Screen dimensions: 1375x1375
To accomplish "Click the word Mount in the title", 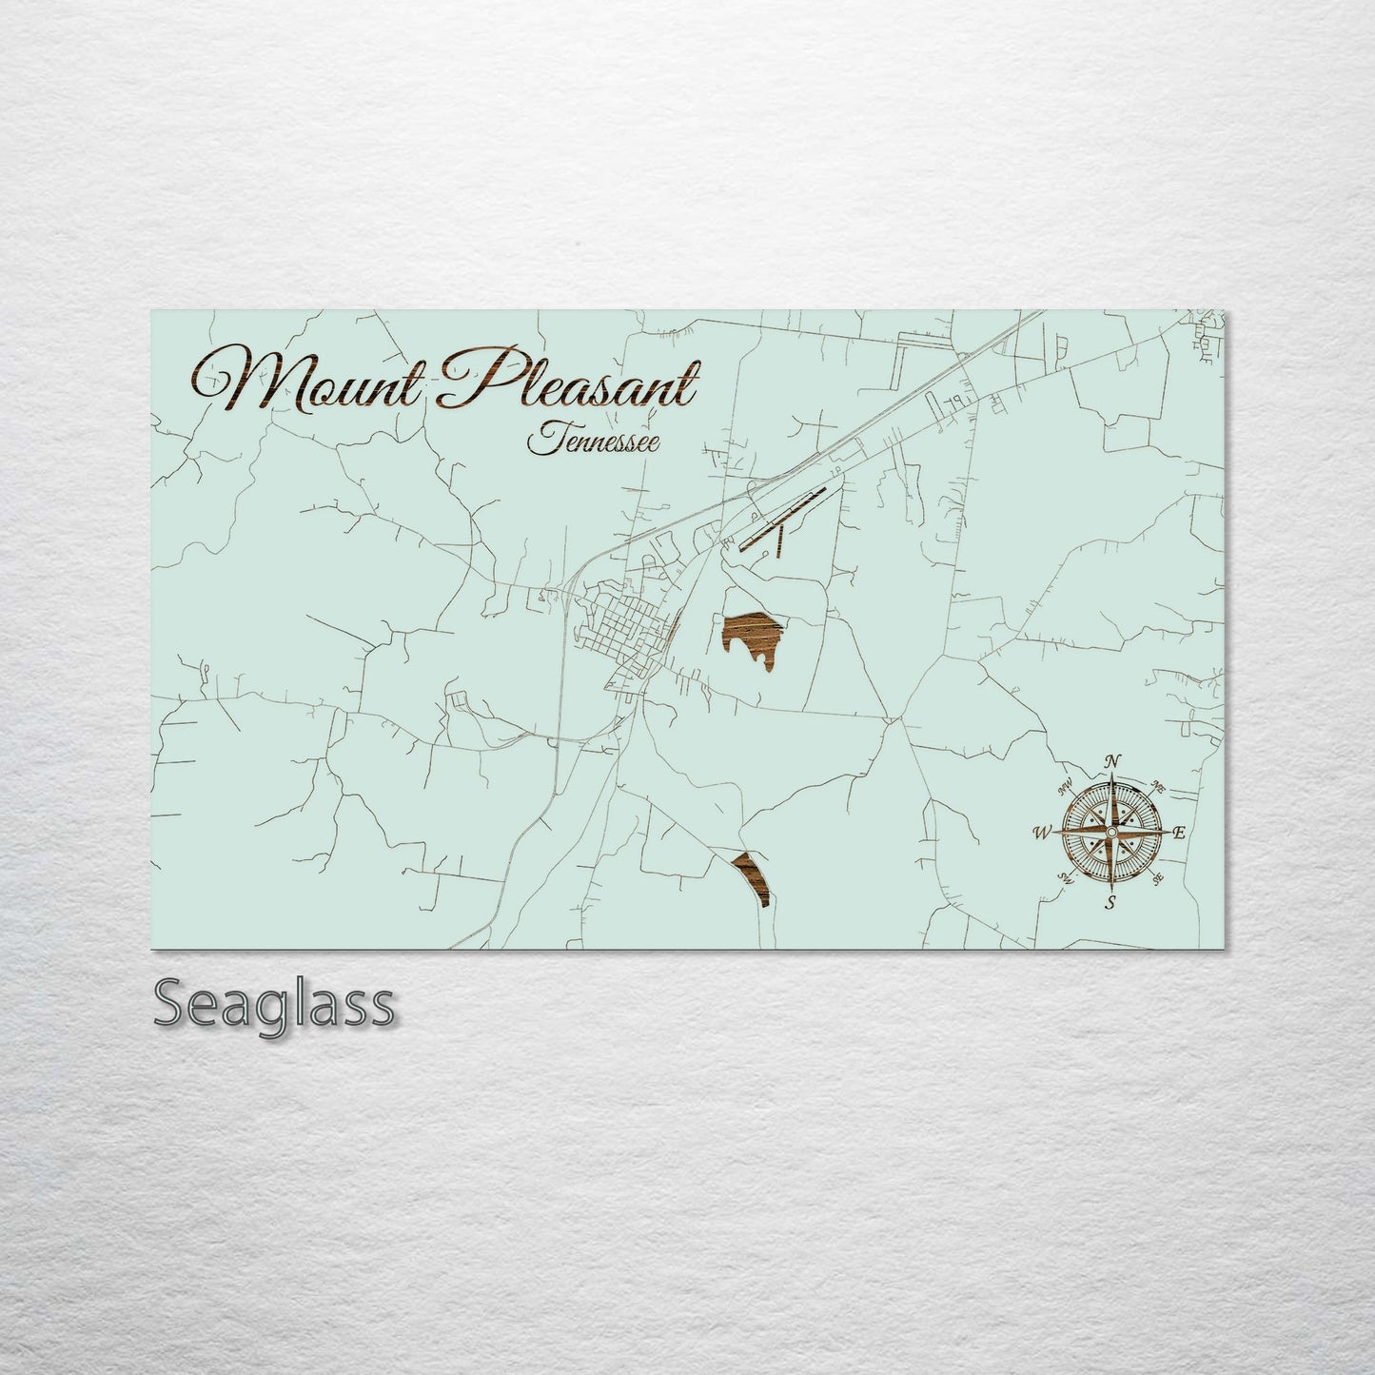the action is point(314,380).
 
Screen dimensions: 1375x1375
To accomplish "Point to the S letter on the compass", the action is point(1110,902).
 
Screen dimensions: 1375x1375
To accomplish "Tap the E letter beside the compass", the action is point(1178,834).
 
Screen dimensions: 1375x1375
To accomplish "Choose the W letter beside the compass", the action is point(1041,834).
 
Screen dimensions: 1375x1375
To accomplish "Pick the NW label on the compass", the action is point(1065,785).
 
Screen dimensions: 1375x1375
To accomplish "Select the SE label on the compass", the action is point(1157,879).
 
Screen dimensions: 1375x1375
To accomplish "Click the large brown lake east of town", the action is point(752,636).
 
